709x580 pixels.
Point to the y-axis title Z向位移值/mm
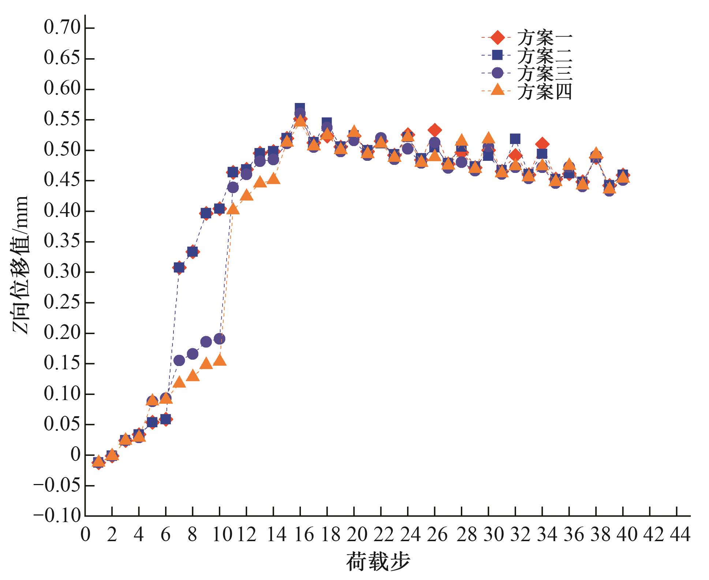point(20,265)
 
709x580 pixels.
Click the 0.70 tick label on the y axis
point(62,28)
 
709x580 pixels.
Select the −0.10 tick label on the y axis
point(57,516)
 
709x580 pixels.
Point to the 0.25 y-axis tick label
point(62,303)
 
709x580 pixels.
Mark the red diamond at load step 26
point(434,130)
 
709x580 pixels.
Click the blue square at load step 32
point(515,139)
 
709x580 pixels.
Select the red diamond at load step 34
point(542,144)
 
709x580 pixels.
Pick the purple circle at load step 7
point(179,361)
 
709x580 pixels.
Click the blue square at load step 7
point(179,268)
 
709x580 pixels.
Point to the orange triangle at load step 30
point(488,138)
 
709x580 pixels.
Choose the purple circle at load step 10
point(220,339)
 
